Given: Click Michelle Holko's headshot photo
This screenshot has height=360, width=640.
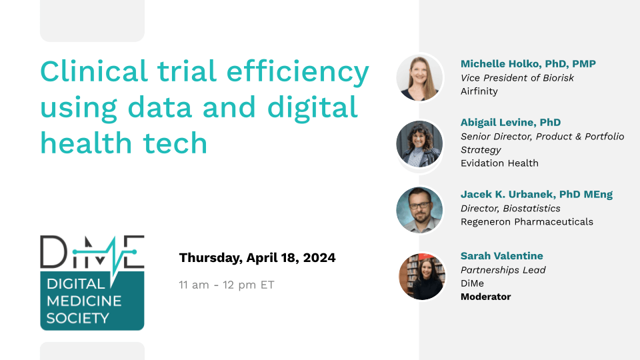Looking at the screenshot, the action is pyautogui.click(x=419, y=77).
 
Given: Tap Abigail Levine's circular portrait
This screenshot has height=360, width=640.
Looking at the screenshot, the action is pyautogui.click(x=419, y=144).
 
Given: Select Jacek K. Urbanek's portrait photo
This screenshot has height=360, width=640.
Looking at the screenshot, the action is pyautogui.click(x=419, y=210).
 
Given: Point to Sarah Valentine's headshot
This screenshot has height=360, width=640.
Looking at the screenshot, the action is pyautogui.click(x=422, y=276).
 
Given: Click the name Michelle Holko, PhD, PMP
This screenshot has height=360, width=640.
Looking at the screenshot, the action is pyautogui.click(x=528, y=64).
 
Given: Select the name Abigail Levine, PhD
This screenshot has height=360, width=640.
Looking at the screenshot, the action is pyautogui.click(x=511, y=123).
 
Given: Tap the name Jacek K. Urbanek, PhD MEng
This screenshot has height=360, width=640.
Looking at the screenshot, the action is pyautogui.click(x=537, y=195).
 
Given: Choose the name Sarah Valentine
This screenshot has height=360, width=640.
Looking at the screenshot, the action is pyautogui.click(x=501, y=256).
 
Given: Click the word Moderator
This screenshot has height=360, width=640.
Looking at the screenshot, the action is pyautogui.click(x=486, y=297).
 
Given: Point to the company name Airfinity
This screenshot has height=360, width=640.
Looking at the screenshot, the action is pyautogui.click(x=479, y=91).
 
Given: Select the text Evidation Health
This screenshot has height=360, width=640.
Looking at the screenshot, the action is pyautogui.click(x=499, y=163).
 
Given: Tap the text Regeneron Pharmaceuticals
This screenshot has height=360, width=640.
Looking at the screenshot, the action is pyautogui.click(x=527, y=221).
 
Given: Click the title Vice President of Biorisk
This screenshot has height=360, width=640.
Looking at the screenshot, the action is pyautogui.click(x=517, y=77).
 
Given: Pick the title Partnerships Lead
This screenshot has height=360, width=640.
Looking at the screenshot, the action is pyautogui.click(x=503, y=270).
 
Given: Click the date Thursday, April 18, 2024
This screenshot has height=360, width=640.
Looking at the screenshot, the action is pyautogui.click(x=257, y=258).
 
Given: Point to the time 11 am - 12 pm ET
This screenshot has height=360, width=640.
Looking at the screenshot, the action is pyautogui.click(x=227, y=285).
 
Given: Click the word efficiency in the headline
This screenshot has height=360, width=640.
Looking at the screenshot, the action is pyautogui.click(x=297, y=72).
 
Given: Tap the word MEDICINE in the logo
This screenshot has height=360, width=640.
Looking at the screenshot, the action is pyautogui.click(x=84, y=301).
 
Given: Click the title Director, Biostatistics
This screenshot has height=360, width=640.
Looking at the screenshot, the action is pyautogui.click(x=511, y=209).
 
